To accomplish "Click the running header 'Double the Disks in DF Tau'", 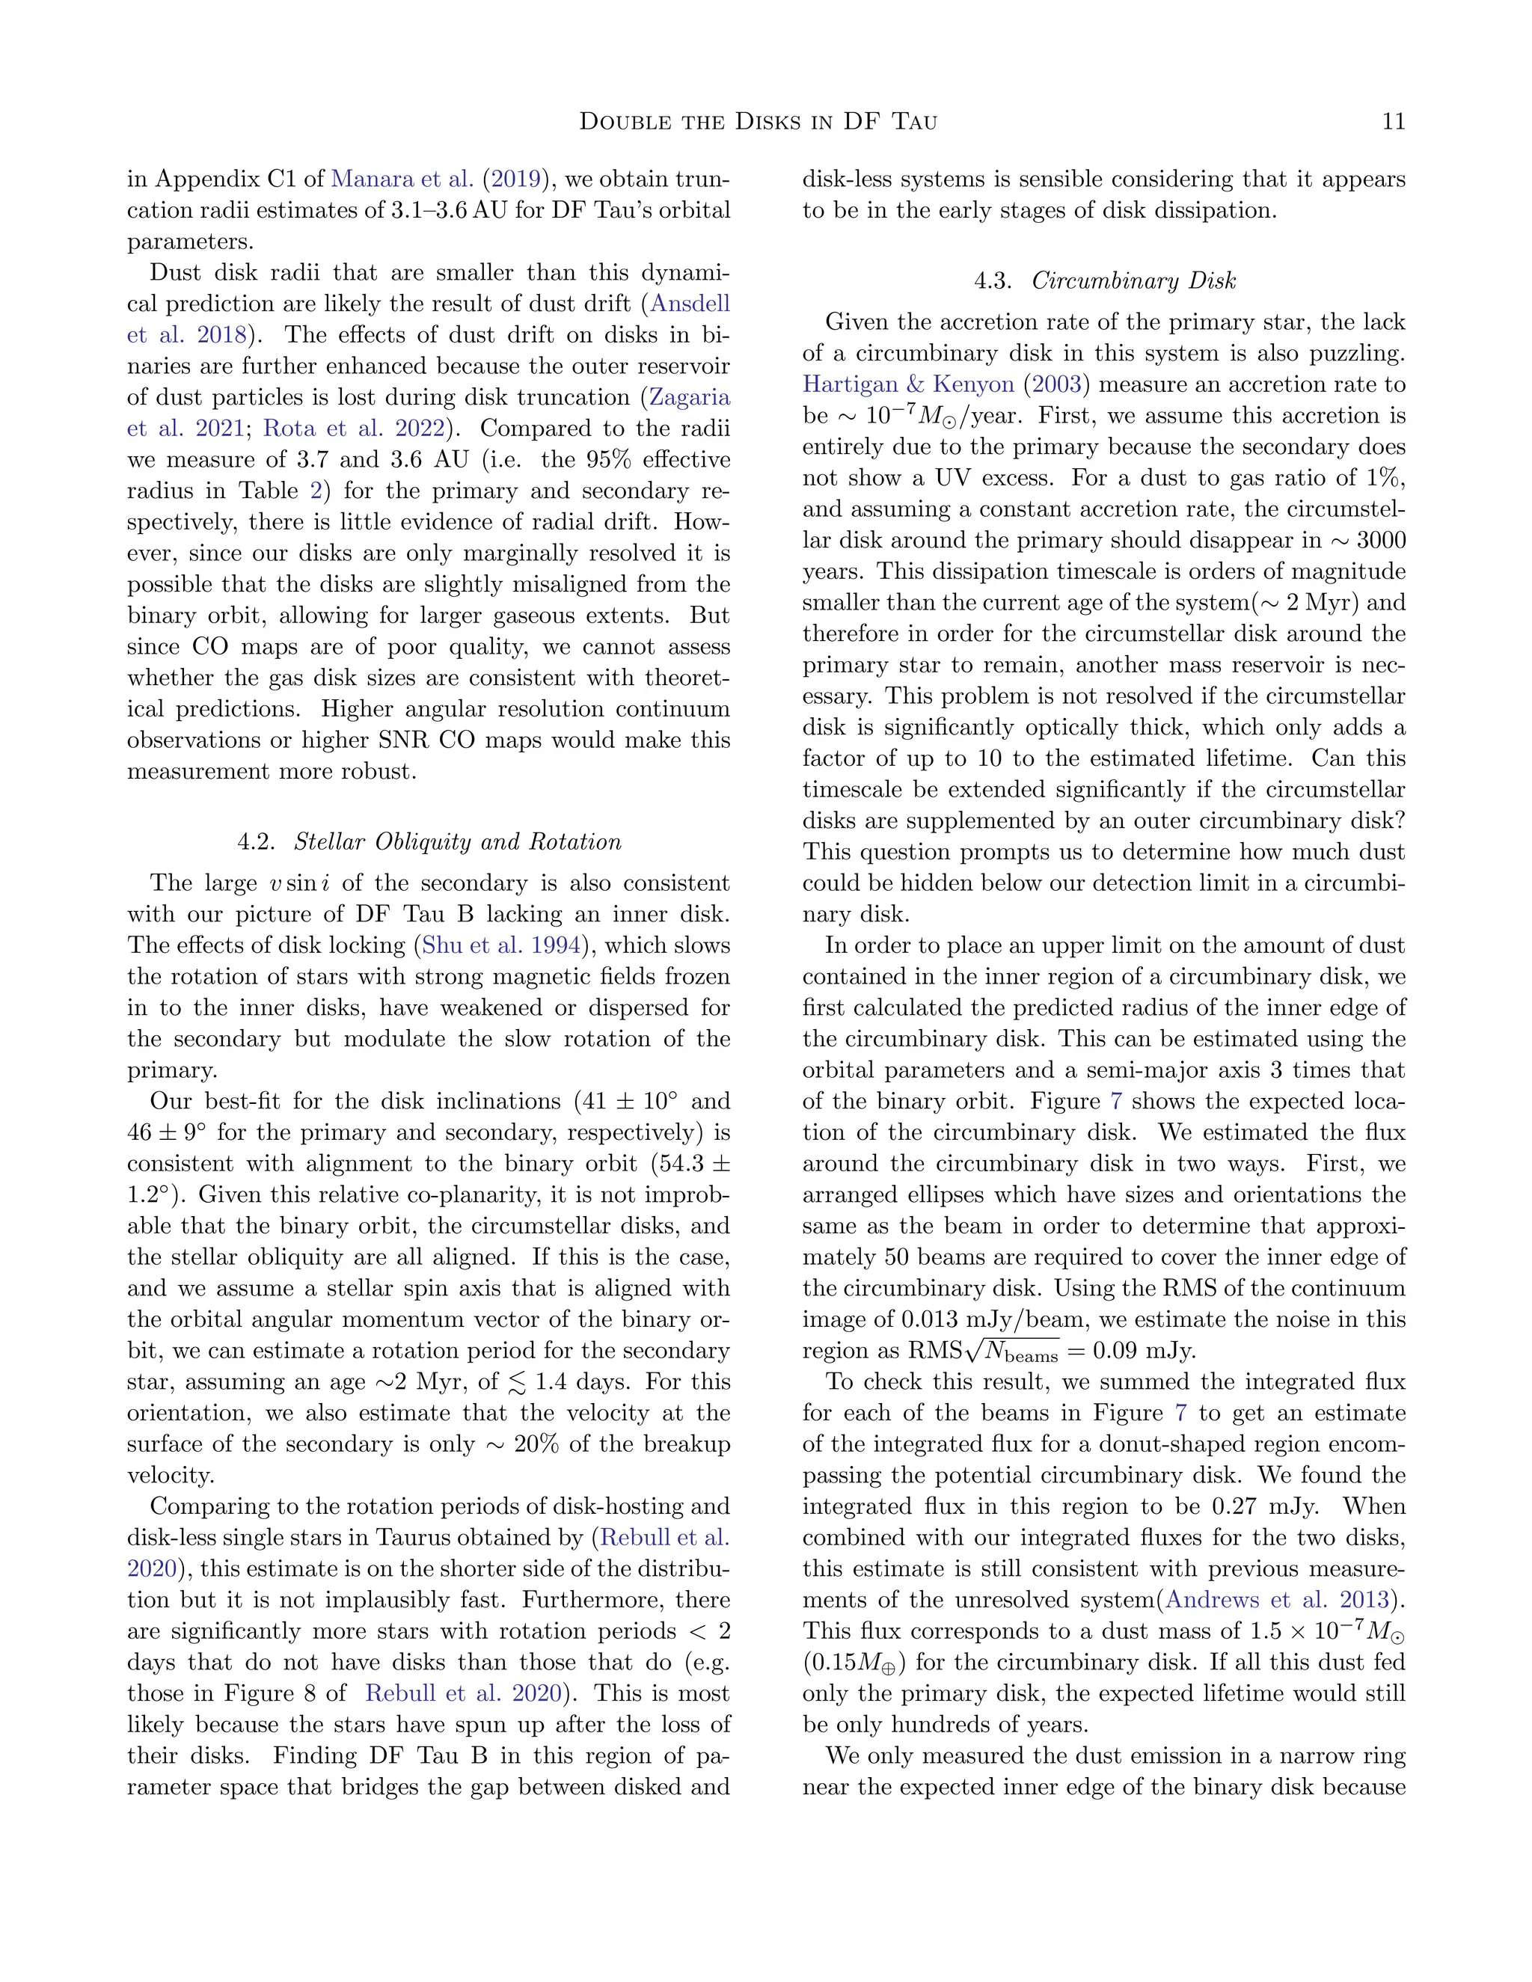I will click(x=758, y=120).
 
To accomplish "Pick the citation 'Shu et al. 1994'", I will click(x=502, y=945).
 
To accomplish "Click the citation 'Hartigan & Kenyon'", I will click(x=907, y=384).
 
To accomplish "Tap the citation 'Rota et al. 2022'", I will click(x=354, y=429).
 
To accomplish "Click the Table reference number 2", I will click(x=315, y=491).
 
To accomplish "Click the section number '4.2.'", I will click(x=256, y=842).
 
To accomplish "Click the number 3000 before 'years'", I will click(x=1380, y=541).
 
